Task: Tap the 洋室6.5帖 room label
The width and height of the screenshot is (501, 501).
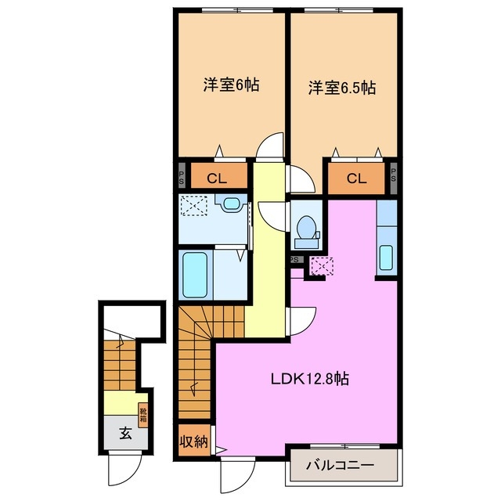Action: click(x=341, y=88)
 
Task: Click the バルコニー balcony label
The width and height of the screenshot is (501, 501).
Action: click(x=344, y=466)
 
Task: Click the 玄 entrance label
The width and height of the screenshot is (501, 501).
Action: click(x=124, y=432)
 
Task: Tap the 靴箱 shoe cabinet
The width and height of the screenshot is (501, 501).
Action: click(x=143, y=413)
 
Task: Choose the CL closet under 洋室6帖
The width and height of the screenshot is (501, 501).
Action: click(x=217, y=178)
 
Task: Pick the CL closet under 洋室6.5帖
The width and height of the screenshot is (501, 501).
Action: click(x=356, y=178)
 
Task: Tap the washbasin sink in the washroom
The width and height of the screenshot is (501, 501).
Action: click(x=231, y=205)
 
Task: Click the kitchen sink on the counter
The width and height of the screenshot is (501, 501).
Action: click(x=386, y=257)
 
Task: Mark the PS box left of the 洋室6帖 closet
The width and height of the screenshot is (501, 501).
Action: click(x=182, y=176)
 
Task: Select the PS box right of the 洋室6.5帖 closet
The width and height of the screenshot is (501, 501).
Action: click(x=393, y=177)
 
